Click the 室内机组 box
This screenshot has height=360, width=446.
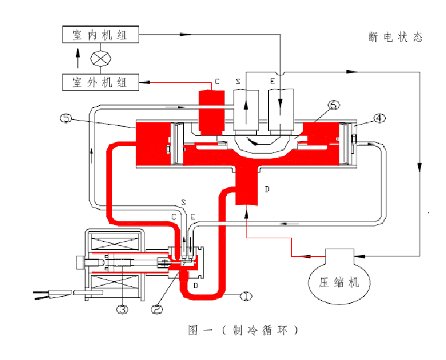(x=101, y=35)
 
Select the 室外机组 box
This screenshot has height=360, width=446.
(x=101, y=82)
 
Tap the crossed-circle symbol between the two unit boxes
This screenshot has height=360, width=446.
(x=101, y=59)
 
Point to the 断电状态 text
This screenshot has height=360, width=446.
(x=396, y=37)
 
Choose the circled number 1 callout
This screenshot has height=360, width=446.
(x=246, y=296)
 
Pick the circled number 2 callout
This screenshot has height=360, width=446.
(x=156, y=309)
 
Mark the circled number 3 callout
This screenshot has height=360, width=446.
(x=121, y=309)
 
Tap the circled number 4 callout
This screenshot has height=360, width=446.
(x=379, y=118)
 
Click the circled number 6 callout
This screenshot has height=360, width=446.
(x=333, y=105)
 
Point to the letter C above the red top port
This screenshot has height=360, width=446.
(x=217, y=83)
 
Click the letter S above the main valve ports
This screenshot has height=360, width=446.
(x=238, y=83)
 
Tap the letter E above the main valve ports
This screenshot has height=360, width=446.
(x=272, y=83)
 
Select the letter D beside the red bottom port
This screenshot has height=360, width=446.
(x=267, y=189)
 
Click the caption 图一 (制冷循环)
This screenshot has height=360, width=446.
(x=244, y=330)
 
